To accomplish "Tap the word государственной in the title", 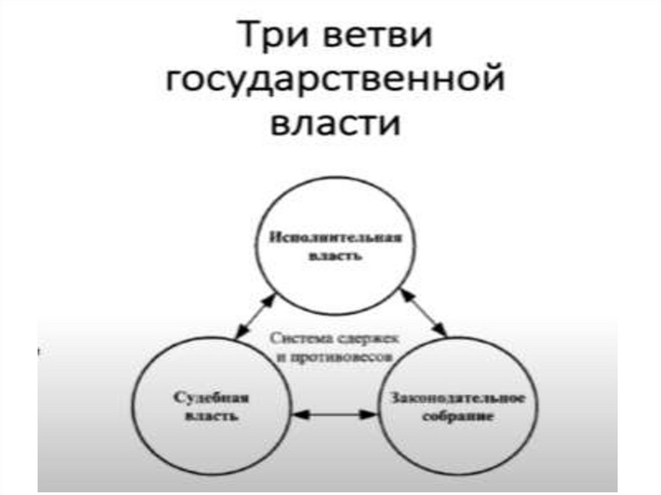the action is tap(334, 80).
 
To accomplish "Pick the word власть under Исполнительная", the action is tap(335, 256).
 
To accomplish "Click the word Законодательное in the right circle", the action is tap(457, 397).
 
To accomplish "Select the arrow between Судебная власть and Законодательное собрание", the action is tap(334, 415).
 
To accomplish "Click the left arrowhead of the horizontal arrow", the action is tap(300, 415).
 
